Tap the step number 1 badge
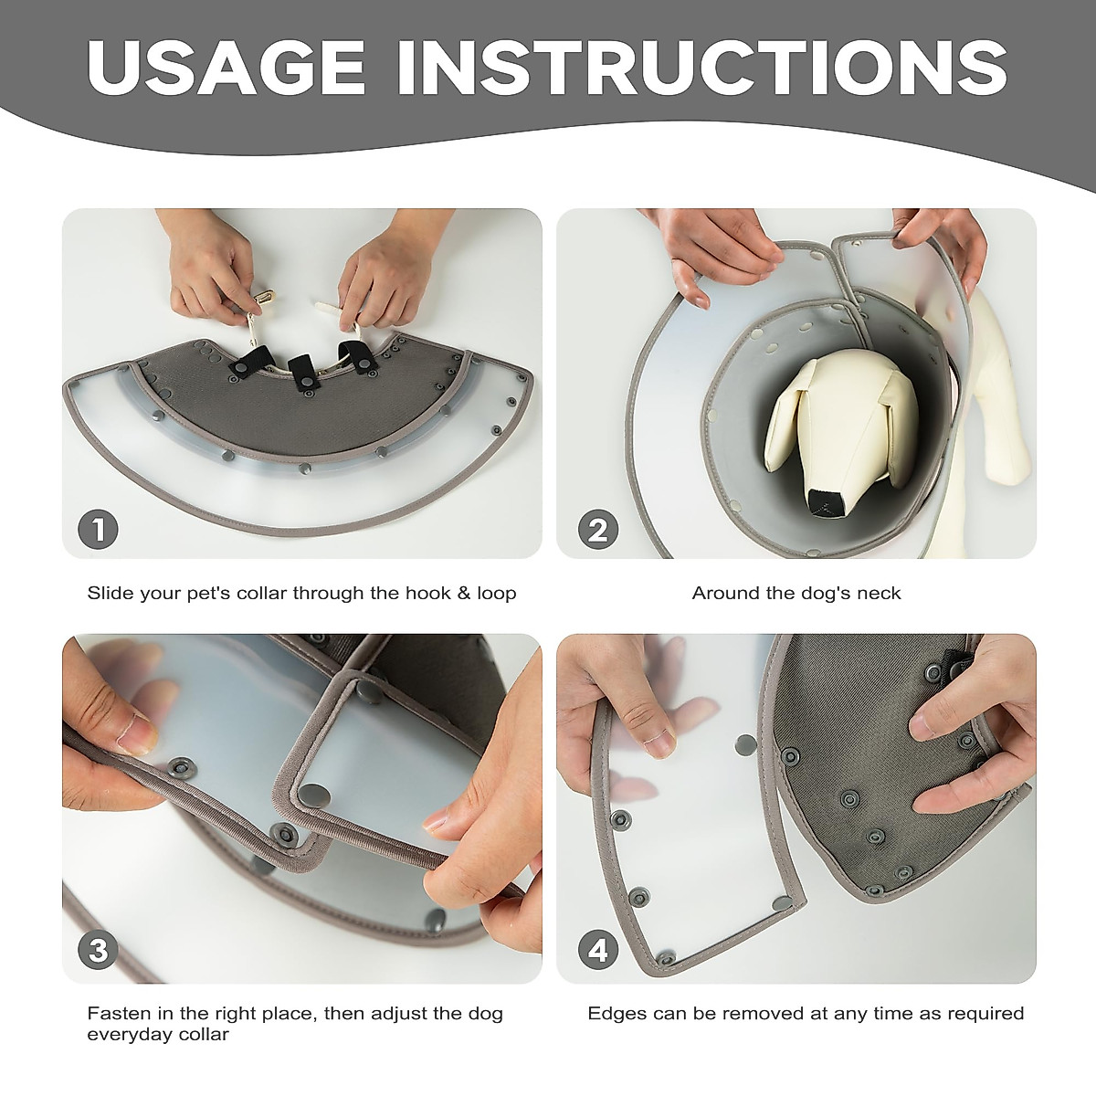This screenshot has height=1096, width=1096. pyautogui.click(x=98, y=529)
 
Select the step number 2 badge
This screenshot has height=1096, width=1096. pyautogui.click(x=597, y=529)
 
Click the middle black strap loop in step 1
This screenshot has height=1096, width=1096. pyautogui.click(x=301, y=374)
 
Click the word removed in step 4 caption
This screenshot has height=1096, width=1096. pyautogui.click(x=763, y=1014)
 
